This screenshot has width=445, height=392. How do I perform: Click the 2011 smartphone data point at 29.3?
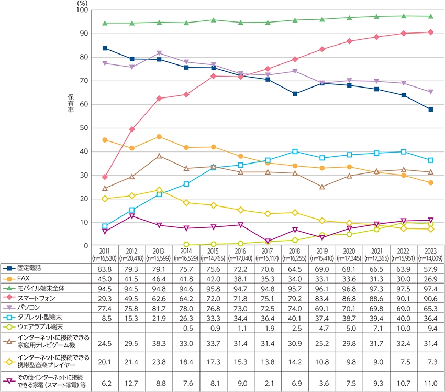pos(105,177)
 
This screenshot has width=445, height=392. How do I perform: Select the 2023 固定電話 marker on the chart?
pos(430,110)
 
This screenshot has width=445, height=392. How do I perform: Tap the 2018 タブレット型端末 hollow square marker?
pos(295,151)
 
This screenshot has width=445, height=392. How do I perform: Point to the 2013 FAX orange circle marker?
pos(159,137)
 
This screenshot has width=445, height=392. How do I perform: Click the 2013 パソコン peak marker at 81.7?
pos(159,53)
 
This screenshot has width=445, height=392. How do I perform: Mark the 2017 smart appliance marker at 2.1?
pos(268,241)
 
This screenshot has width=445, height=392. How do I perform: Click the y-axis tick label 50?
pos(83,128)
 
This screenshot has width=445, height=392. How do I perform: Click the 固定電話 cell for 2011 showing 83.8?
pos(105,269)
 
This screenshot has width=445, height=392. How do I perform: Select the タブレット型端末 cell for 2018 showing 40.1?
pos(295,317)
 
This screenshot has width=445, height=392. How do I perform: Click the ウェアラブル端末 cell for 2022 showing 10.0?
pos(403,327)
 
